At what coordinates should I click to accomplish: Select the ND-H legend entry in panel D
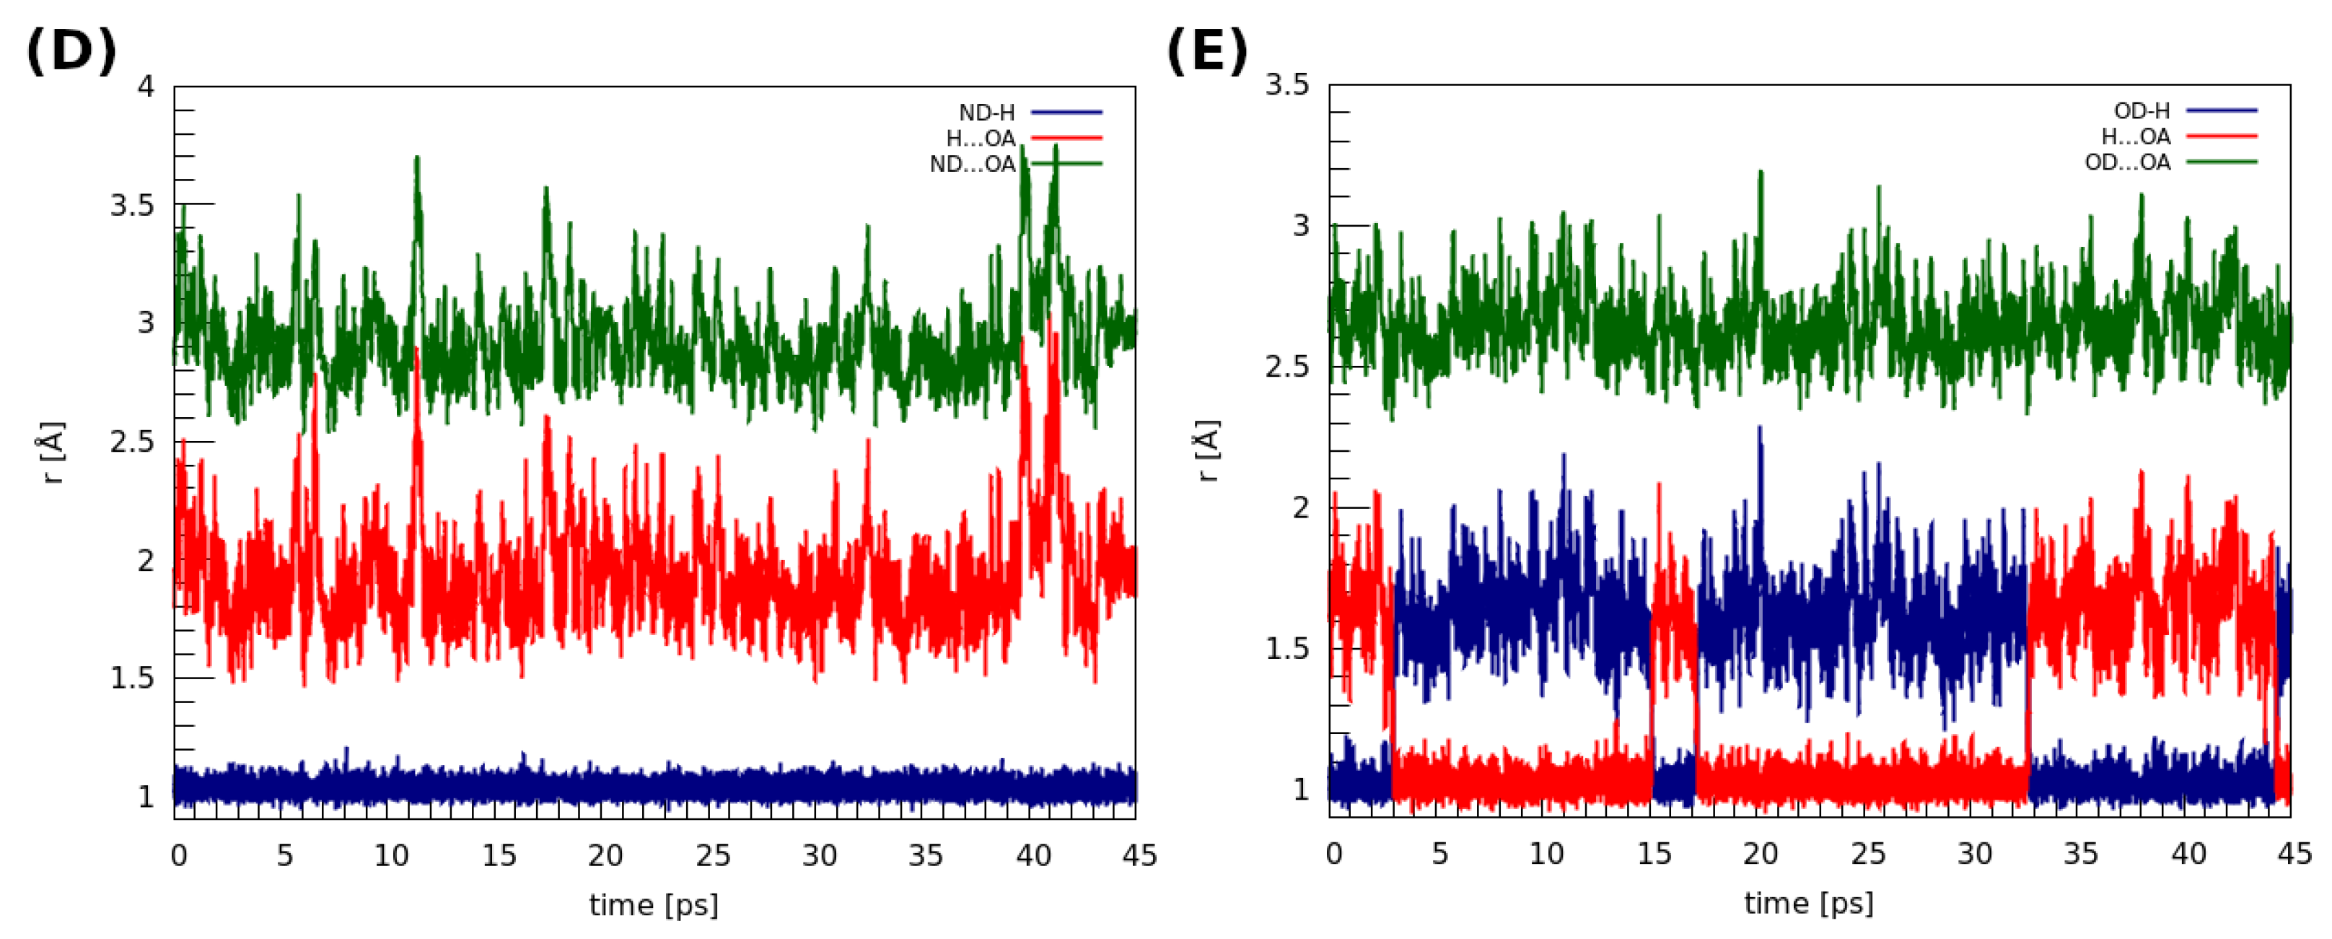(987, 113)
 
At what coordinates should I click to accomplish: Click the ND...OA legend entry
(973, 165)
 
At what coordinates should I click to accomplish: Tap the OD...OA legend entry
(2126, 163)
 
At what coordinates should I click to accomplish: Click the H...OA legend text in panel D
(981, 139)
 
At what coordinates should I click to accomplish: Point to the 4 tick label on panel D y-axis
(146, 87)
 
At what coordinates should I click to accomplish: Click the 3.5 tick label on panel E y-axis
(1286, 85)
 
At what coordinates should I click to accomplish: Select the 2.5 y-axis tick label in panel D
(131, 442)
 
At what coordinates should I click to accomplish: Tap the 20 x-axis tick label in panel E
(1760, 854)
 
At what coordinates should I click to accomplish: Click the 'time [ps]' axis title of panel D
(654, 904)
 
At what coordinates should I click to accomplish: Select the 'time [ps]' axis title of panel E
(1809, 903)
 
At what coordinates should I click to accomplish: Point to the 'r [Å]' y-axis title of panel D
(54, 452)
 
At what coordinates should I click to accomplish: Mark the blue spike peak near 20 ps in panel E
(1760, 427)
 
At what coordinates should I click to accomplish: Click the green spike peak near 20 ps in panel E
(1761, 172)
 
